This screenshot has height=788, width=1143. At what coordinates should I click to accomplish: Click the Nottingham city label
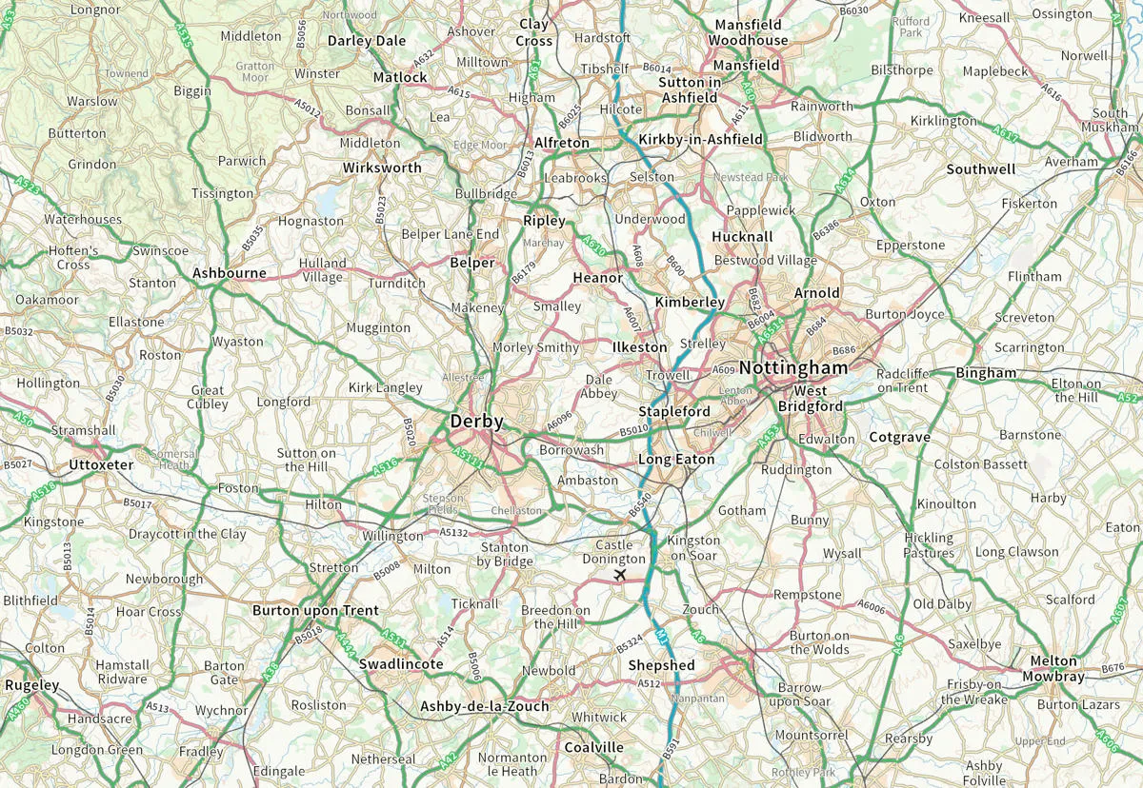coord(792,367)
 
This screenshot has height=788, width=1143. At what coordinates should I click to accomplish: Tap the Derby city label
coord(476,421)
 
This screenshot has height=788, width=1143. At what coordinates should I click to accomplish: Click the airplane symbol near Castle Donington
coord(621,576)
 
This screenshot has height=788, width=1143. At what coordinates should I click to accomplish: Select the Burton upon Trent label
coord(315,610)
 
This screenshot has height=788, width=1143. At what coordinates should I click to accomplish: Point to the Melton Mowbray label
coord(1053,668)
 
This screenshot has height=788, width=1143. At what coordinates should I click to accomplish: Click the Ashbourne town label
coord(230,273)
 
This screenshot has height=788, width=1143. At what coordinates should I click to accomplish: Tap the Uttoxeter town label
coord(101,464)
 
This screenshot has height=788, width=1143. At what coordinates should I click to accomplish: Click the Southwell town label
coord(980,169)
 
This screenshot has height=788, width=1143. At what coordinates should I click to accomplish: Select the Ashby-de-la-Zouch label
coord(484,706)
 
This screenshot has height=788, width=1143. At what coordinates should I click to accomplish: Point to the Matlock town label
coord(400,77)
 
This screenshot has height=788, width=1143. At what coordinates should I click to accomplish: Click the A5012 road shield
coord(308,108)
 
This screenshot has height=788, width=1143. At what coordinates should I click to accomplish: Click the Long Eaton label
coord(675,460)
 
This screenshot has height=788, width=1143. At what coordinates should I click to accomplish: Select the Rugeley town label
coord(31,684)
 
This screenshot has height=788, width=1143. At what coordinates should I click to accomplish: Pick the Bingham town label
coord(986,372)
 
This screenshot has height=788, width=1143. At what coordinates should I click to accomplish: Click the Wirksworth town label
coord(382,167)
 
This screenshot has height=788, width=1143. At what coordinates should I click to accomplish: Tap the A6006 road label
coord(872,604)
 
